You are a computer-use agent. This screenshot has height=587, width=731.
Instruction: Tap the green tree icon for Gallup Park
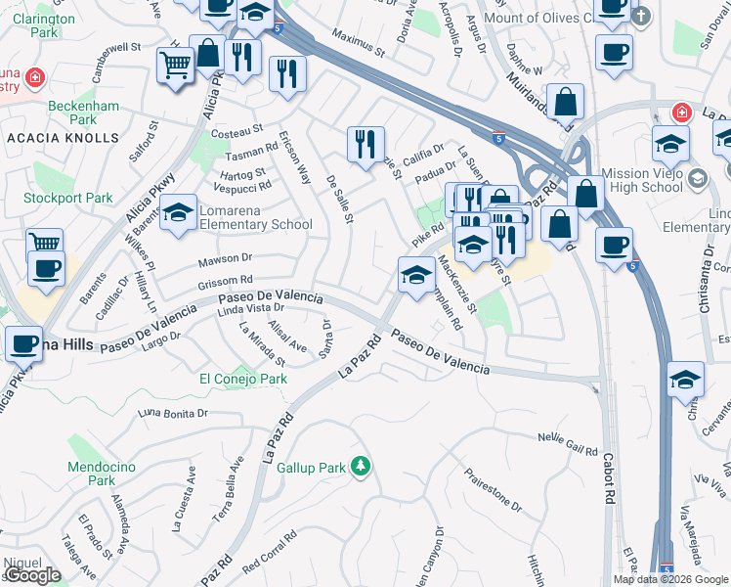tap(361, 466)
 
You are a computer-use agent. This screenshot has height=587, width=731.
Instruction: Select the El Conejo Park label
tap(243, 379)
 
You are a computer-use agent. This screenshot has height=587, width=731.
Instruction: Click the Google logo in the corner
tap(32, 575)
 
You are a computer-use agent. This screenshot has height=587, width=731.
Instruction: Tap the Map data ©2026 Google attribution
tap(669, 579)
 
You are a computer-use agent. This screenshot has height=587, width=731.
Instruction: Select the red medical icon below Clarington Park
tap(35, 76)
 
